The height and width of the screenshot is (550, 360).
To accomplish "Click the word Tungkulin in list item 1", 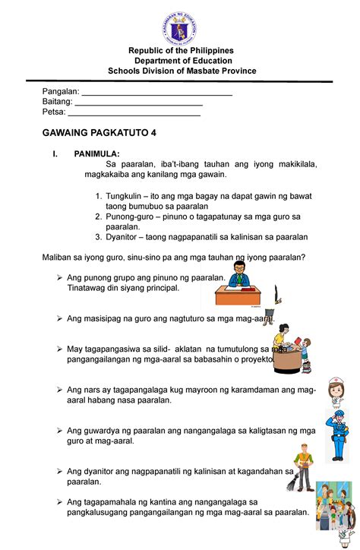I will point(127,195).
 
